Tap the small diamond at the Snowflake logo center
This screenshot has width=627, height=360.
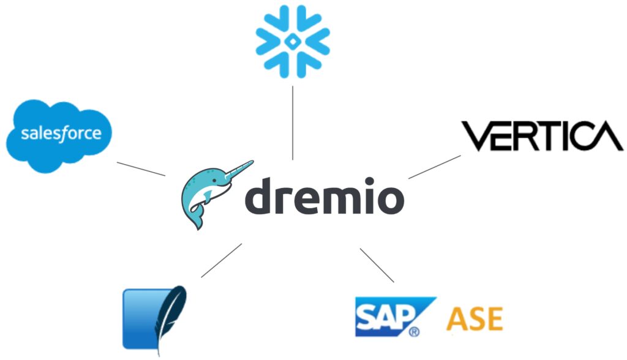(x=293, y=41)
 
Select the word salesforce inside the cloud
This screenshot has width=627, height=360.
(x=61, y=133)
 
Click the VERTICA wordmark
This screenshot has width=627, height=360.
(x=541, y=136)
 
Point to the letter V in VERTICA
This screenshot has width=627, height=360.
(x=474, y=136)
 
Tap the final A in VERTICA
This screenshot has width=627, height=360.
(x=607, y=137)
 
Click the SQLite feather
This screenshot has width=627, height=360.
(x=170, y=315)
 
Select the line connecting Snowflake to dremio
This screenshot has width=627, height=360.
(x=293, y=122)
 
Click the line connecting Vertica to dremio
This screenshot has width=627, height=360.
(x=434, y=167)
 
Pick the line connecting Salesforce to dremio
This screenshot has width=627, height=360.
(x=140, y=168)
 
